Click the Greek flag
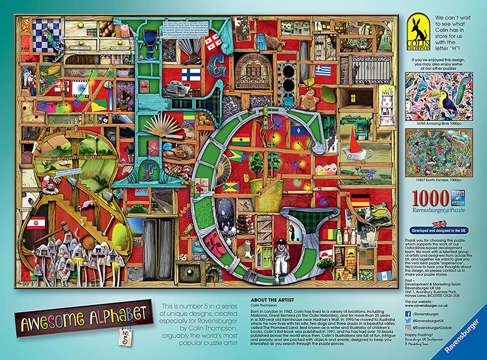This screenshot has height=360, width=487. [324, 71]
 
